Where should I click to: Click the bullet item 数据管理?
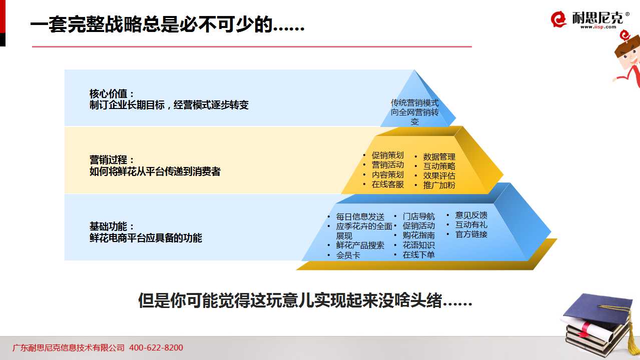[439, 156]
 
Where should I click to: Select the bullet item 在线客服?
[388, 184]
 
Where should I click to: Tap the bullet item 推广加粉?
[439, 185]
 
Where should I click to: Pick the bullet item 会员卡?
[348, 255]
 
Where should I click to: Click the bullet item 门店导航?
[418, 216]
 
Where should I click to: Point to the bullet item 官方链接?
[471, 234]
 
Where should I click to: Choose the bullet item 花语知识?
[418, 245]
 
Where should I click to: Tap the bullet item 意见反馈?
[471, 215]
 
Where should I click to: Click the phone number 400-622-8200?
[156, 347]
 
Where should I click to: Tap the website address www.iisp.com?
[598, 27]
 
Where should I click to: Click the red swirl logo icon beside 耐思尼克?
[558, 19]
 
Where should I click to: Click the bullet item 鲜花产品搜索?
[360, 245]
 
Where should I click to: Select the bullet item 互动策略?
[439, 166]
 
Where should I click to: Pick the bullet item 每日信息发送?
[360, 216]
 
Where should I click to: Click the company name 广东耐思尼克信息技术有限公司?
[69, 347]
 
